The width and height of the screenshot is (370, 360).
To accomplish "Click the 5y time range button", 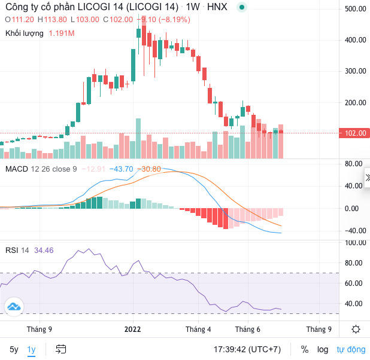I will click(x=13, y=349).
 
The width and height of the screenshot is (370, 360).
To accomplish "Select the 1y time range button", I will click(x=31, y=349).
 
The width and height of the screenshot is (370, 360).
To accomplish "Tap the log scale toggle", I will click(x=323, y=349).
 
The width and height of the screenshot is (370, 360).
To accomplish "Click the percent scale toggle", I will click(x=305, y=349).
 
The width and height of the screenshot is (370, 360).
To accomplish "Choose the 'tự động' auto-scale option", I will click(x=351, y=349).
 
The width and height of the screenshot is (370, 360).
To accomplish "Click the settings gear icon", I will click(x=356, y=330).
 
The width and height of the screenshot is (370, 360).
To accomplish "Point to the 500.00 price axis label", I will click(x=355, y=9).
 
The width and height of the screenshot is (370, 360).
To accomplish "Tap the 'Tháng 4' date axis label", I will click(x=198, y=330).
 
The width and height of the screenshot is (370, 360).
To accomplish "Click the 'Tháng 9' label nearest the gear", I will click(x=319, y=330).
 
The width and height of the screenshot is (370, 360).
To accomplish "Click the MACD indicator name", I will click(x=17, y=169).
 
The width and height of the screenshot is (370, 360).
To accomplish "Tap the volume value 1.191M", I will click(x=61, y=33).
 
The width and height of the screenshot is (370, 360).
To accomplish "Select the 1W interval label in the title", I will click(x=192, y=7).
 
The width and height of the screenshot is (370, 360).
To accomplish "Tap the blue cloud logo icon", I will click(x=13, y=307).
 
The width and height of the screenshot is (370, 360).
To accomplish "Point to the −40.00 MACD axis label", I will click(x=355, y=231).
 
